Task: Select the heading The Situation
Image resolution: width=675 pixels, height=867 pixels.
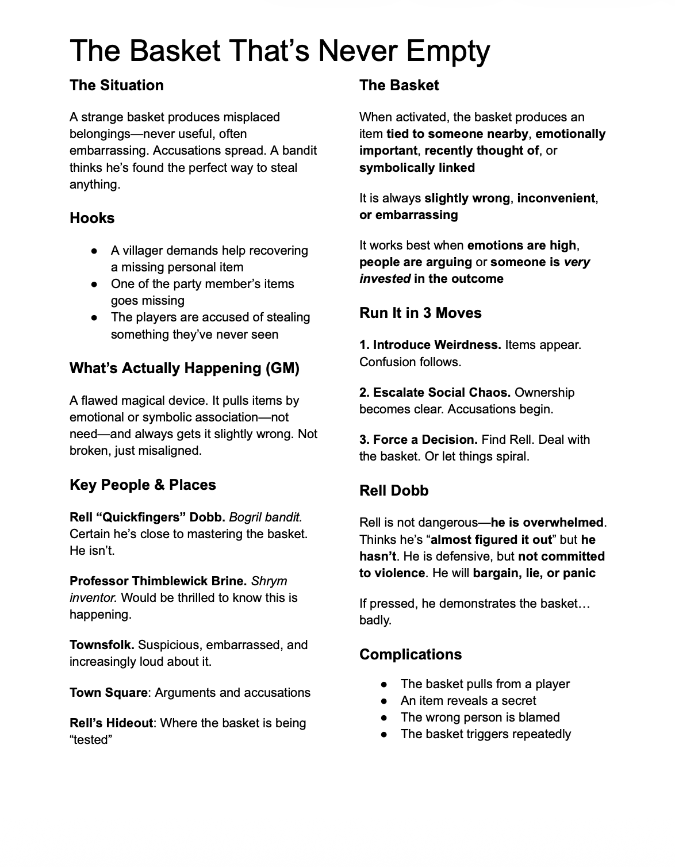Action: [117, 85]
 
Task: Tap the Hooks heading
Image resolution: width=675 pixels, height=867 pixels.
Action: [92, 218]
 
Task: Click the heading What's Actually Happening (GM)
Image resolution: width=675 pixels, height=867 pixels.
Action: [184, 368]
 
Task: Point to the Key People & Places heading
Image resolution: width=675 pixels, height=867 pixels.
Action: [143, 485]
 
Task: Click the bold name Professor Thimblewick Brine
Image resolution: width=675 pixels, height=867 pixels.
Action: [158, 581]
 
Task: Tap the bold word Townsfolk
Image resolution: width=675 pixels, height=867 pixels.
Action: [102, 645]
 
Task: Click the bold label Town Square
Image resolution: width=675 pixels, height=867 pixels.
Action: [108, 692]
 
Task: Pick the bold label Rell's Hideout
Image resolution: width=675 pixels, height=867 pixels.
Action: [111, 723]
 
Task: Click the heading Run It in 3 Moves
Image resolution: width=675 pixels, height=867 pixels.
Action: [420, 313]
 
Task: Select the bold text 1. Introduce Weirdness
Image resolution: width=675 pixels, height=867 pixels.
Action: [430, 345]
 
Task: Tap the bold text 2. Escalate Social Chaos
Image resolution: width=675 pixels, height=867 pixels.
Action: [435, 392]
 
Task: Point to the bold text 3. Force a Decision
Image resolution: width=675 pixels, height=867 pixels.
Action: [418, 439]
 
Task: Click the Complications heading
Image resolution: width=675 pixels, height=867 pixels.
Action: [411, 654]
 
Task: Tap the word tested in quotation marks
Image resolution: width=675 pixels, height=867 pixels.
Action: [90, 739]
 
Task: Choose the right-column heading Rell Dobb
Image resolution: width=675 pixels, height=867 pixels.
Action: [394, 490]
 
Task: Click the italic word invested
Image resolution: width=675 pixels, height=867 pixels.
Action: [385, 279]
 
